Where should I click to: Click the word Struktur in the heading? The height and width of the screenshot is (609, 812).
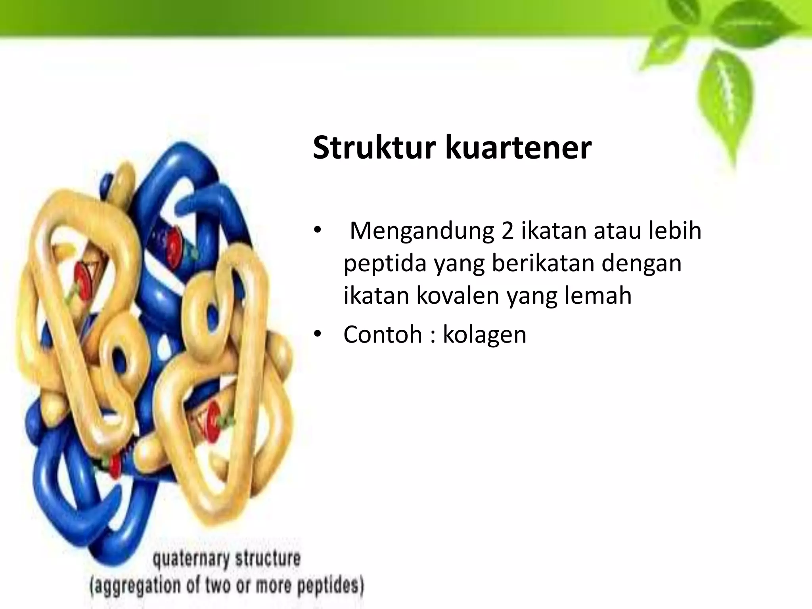click(x=375, y=148)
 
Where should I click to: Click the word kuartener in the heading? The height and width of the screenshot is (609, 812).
click(x=518, y=148)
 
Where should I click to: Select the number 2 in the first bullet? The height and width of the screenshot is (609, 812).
click(x=507, y=231)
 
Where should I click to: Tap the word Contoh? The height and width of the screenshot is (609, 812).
click(x=383, y=334)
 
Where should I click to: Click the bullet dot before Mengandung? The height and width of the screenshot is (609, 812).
click(x=317, y=231)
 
